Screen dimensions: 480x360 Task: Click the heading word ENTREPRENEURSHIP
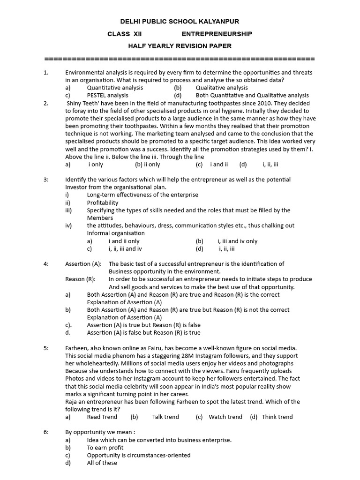217,34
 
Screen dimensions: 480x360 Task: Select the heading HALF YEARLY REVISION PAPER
180,46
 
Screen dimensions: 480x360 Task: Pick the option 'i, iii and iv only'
237,241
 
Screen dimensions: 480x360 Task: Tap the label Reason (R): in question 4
80,279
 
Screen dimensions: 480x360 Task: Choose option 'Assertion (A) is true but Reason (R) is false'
143,325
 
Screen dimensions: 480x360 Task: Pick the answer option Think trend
277,417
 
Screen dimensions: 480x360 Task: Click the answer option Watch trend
225,417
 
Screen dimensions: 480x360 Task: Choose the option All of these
102,463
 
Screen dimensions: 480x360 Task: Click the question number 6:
46,432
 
